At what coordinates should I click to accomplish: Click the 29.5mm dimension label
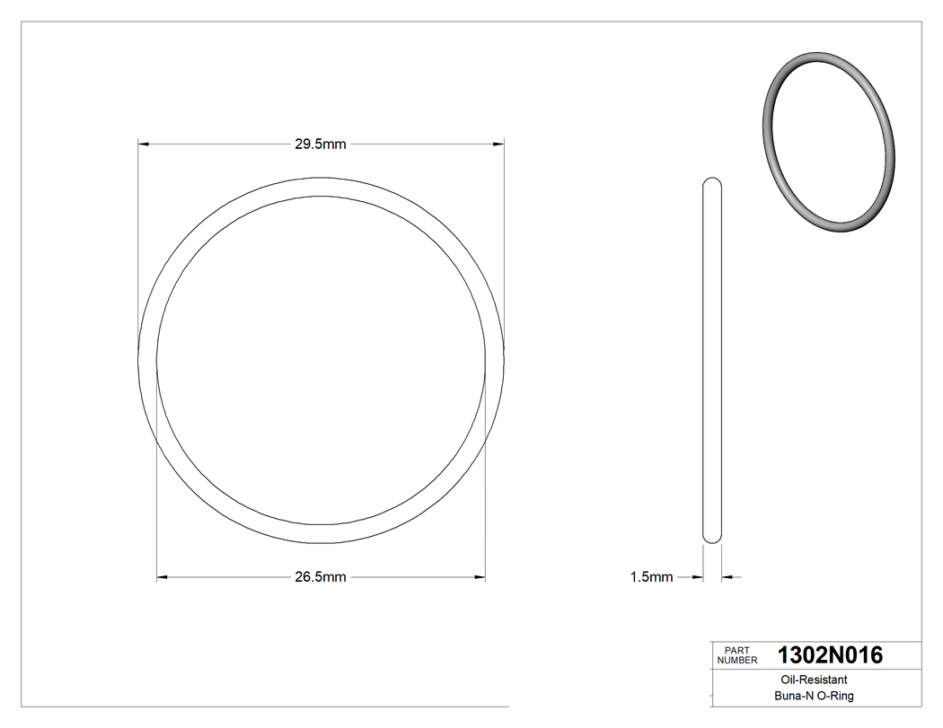pos(321,144)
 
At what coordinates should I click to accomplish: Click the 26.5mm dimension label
pos(321,577)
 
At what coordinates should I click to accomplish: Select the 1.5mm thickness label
pos(651,577)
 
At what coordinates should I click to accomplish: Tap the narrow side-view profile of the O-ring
pos(711,359)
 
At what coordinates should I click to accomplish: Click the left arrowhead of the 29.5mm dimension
pos(143,144)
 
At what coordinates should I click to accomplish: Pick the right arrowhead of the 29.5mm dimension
pos(498,144)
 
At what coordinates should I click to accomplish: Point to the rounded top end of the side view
pos(711,180)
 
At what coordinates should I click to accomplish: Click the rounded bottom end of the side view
pos(711,539)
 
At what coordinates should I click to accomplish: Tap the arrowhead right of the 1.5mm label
pos(696,577)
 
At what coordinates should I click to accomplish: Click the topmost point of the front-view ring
pos(321,179)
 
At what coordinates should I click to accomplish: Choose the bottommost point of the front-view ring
pos(321,542)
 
